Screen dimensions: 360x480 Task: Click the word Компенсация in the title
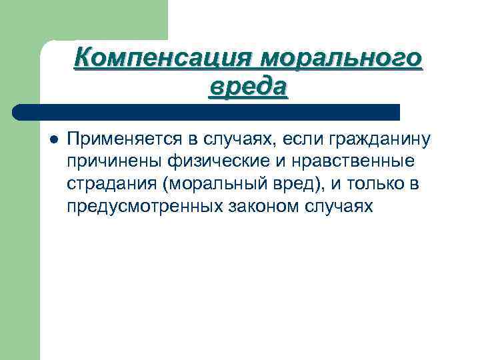[x=162, y=59]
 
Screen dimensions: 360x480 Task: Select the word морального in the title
[x=341, y=59]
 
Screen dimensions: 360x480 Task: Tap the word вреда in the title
[x=248, y=87]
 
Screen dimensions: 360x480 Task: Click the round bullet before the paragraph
[x=53, y=140]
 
